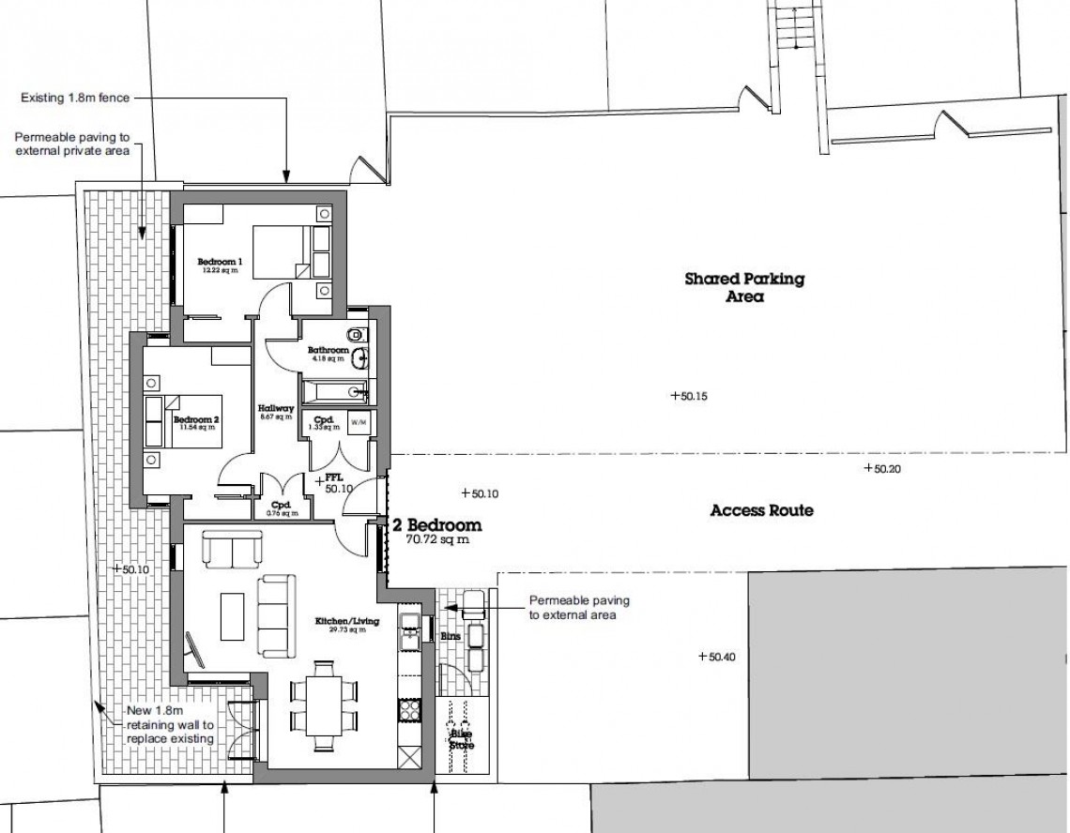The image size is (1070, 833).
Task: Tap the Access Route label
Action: tap(761, 511)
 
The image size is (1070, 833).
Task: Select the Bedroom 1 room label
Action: tap(220, 265)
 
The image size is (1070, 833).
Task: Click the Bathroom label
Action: tap(329, 353)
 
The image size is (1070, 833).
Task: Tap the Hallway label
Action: tap(277, 413)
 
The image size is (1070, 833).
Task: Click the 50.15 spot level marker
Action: tap(688, 397)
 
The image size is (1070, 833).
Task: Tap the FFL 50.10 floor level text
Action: tap(336, 483)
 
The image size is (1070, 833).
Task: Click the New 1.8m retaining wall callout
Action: tap(172, 726)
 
